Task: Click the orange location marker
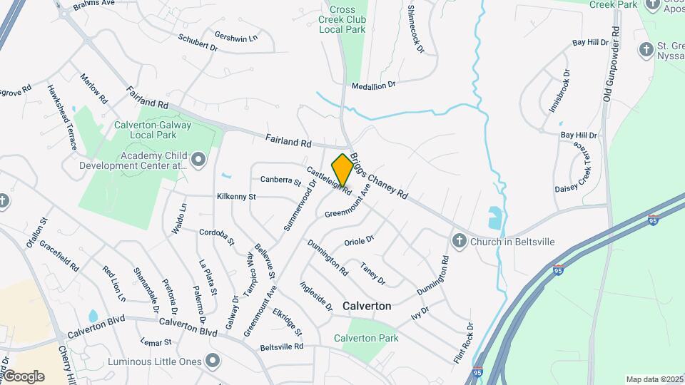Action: (342, 170)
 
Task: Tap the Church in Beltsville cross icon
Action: (460, 241)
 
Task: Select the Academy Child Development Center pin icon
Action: (198, 160)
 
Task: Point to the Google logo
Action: (23, 376)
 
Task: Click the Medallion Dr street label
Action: (373, 85)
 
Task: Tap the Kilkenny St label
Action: (236, 196)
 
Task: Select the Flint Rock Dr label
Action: (464, 341)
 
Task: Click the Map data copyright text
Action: (654, 379)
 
